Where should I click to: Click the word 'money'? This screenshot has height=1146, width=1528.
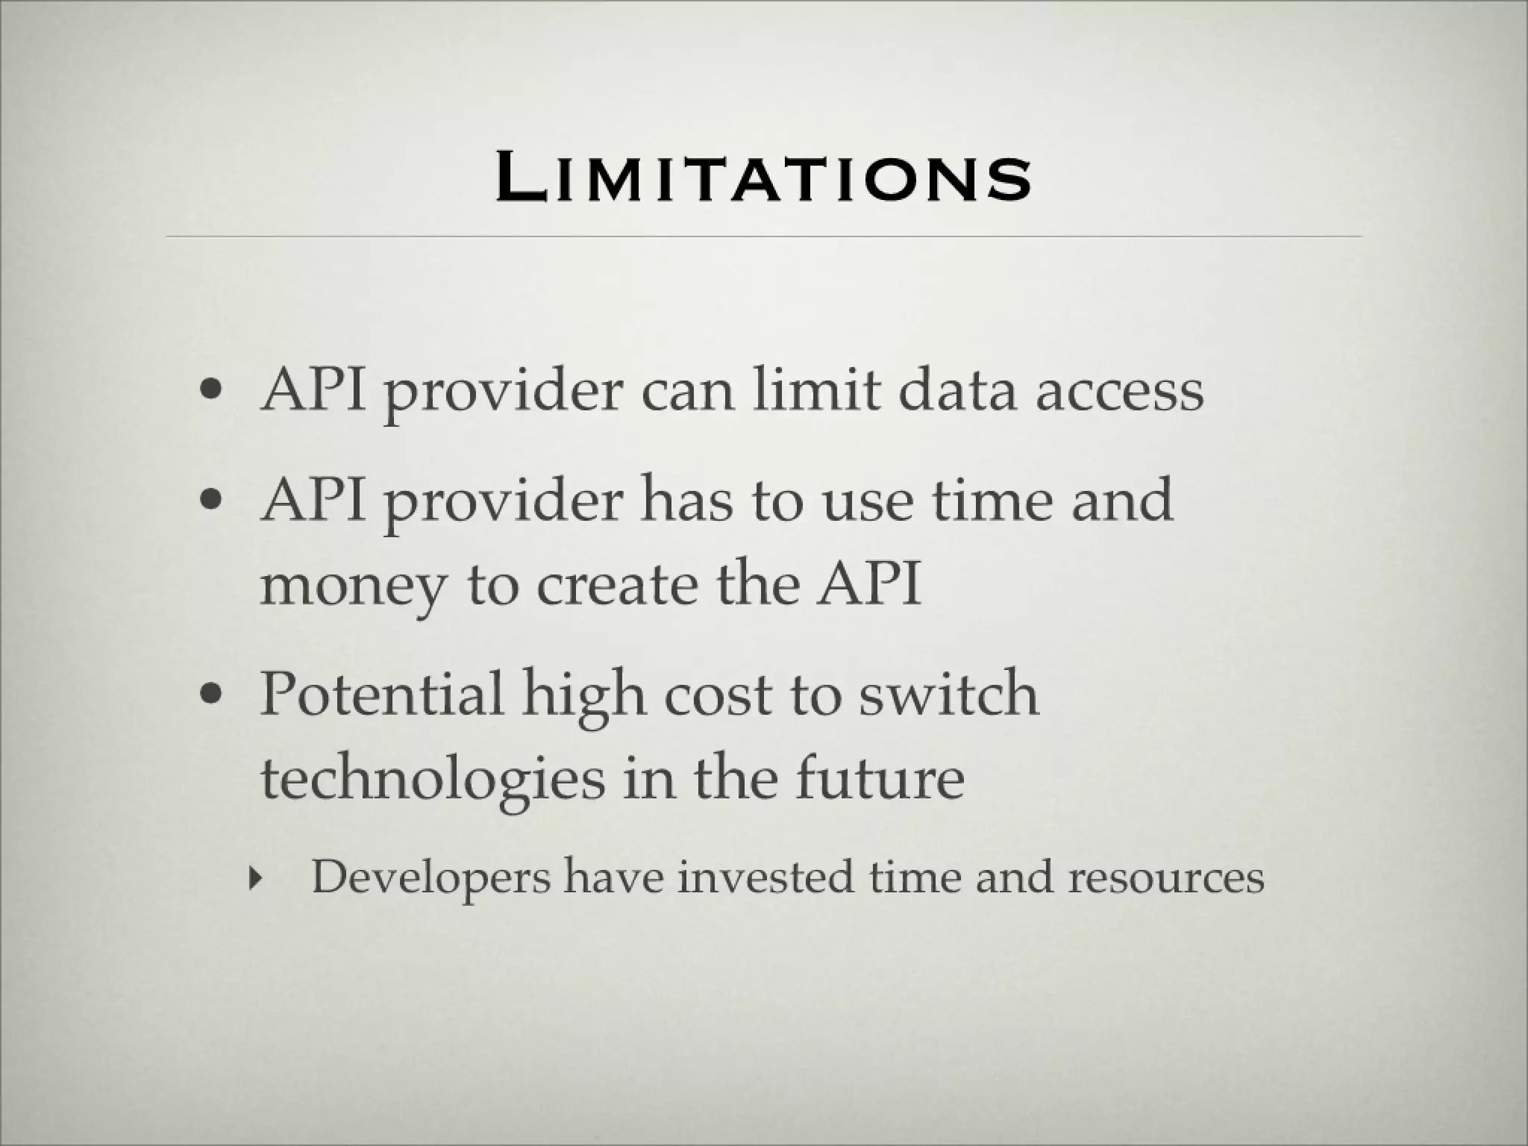[351, 586]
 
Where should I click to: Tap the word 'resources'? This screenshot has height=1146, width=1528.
[1165, 877]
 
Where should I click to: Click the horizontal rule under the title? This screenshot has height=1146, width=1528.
[763, 237]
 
